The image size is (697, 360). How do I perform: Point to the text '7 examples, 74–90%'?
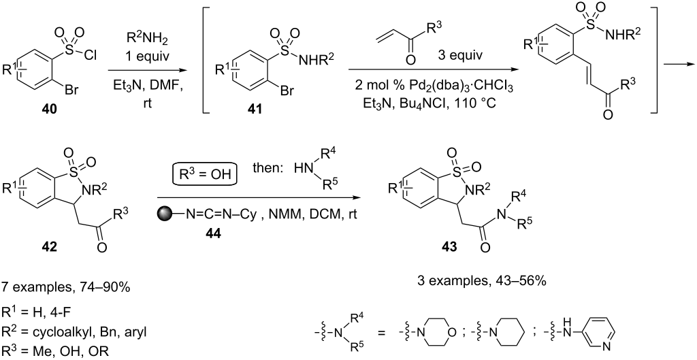(x=66, y=288)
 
